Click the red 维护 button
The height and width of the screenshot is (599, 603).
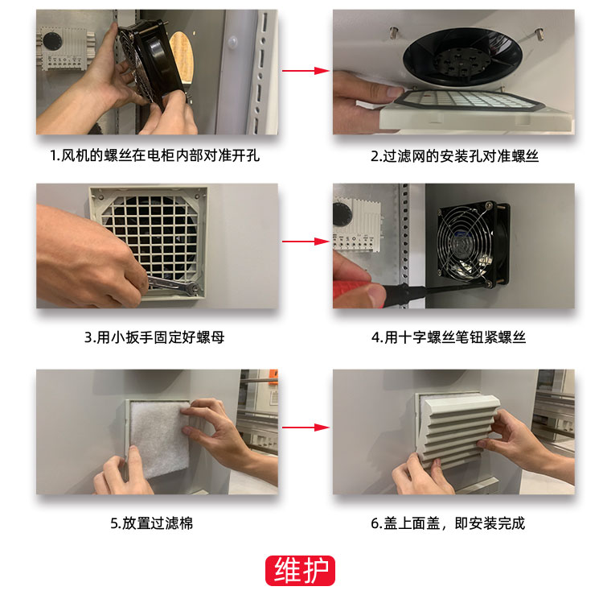[300, 571]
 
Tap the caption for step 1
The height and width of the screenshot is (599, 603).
[155, 155]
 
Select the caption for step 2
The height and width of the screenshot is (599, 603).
[454, 156]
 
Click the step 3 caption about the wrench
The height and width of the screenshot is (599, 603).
[154, 337]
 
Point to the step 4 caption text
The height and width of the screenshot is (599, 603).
[449, 337]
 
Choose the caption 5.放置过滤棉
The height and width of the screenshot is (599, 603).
[151, 523]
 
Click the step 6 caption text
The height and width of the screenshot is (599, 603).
[448, 523]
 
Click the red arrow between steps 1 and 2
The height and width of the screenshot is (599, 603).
[306, 71]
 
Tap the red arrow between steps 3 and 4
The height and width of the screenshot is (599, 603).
[306, 242]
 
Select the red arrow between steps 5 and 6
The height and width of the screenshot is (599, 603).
[306, 428]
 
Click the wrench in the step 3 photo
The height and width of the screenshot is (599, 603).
[173, 285]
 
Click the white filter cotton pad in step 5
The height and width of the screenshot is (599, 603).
[160, 438]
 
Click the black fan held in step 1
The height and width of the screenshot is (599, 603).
[150, 62]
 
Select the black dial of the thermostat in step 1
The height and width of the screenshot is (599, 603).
[52, 40]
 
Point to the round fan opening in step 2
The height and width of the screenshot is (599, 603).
[462, 58]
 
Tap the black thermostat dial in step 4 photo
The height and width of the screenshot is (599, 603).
[342, 214]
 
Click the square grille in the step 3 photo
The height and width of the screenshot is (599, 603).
[149, 242]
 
